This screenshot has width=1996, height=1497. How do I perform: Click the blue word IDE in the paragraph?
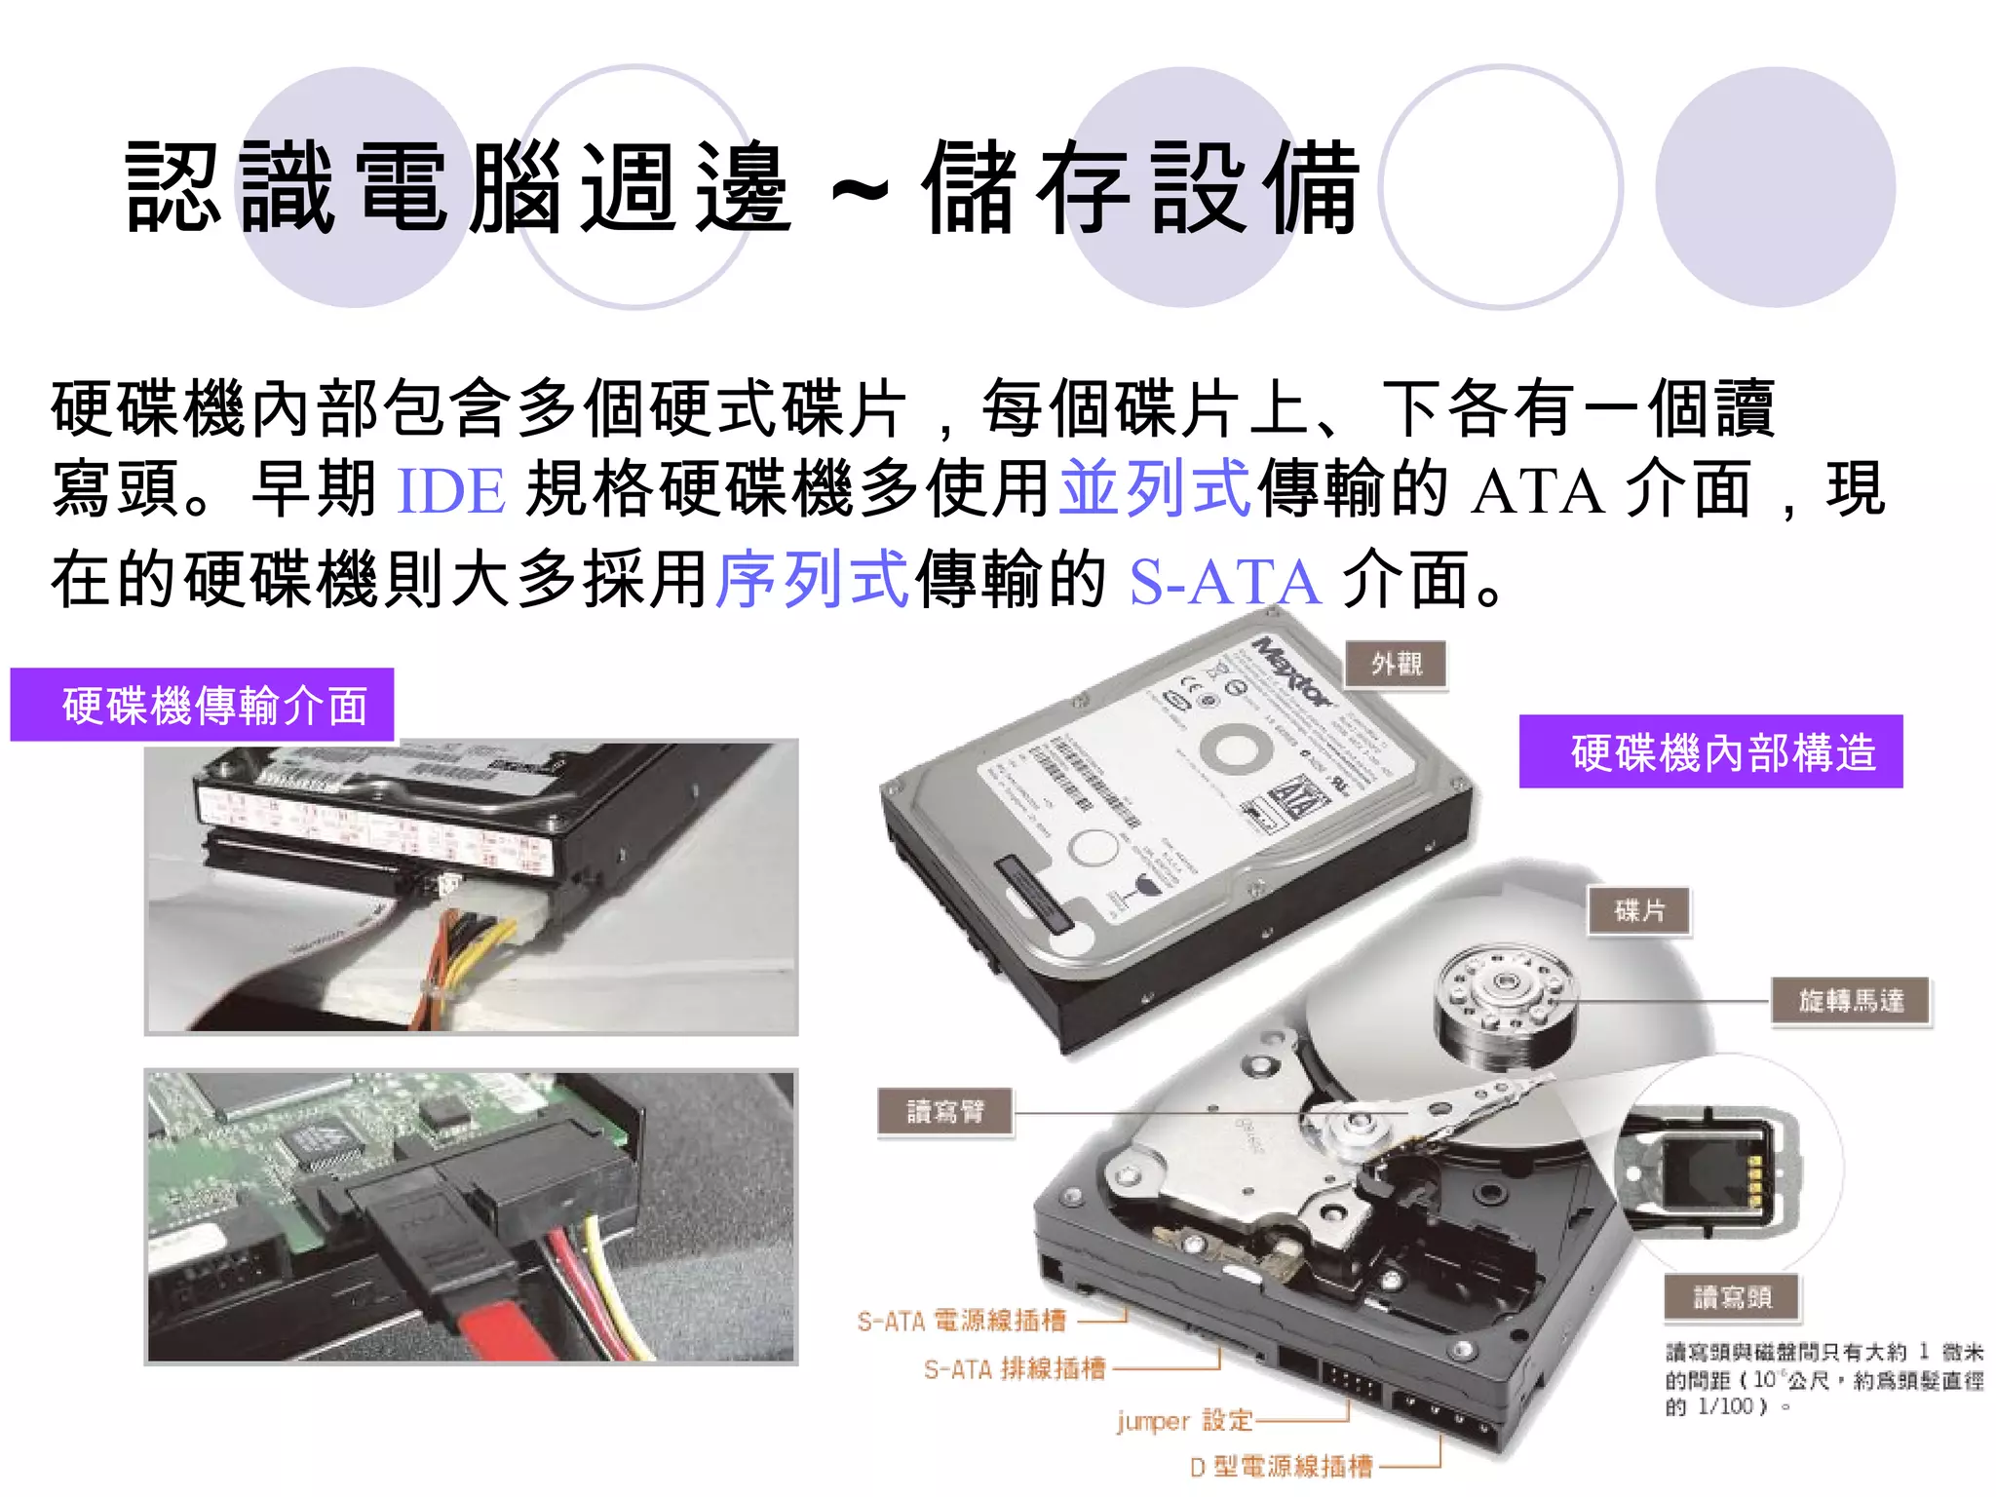(x=451, y=490)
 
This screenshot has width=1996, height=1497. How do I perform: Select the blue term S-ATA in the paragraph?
(x=1225, y=582)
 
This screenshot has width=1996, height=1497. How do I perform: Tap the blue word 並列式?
(x=1155, y=488)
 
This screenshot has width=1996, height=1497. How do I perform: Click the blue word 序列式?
(x=813, y=580)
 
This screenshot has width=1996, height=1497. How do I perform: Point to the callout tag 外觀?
(x=1396, y=666)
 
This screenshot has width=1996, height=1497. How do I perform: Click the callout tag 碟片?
(x=1639, y=911)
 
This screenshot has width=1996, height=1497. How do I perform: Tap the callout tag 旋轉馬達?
(x=1851, y=1001)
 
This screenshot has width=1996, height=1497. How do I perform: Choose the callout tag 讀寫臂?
(x=945, y=1112)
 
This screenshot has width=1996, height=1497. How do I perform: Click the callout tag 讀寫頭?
(x=1732, y=1298)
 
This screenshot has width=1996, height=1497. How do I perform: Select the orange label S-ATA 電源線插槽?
(x=961, y=1322)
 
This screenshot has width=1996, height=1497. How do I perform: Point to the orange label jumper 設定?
(x=1184, y=1421)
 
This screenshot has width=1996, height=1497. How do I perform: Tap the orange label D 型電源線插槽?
(x=1281, y=1467)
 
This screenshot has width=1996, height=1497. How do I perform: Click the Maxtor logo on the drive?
(x=1292, y=672)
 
